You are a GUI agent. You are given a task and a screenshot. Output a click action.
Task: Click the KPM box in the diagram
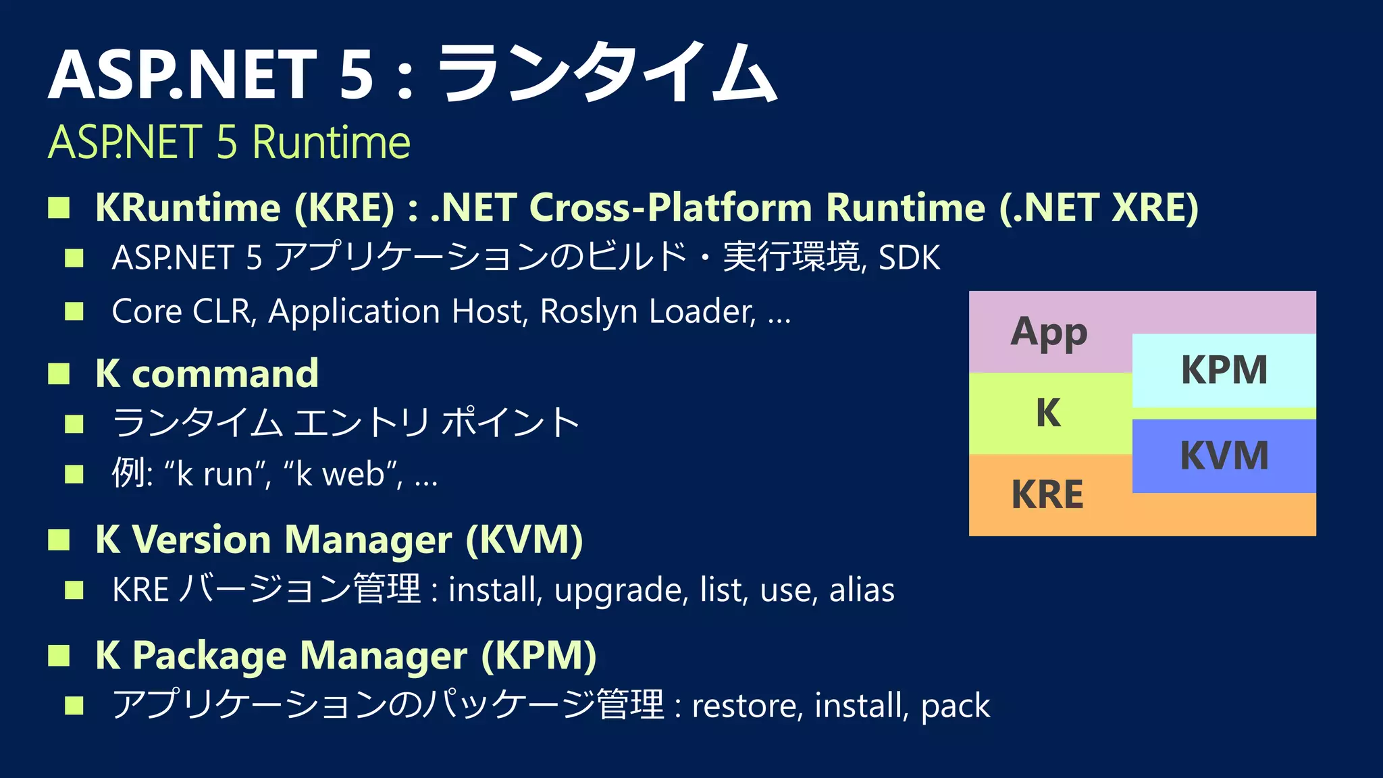click(1224, 370)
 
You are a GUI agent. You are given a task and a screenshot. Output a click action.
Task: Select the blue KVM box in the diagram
click(1224, 456)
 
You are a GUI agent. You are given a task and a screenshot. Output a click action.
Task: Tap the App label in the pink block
click(1049, 332)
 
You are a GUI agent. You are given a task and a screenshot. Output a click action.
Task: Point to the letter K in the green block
click(1048, 413)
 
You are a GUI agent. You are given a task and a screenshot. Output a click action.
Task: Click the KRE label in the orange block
click(1047, 494)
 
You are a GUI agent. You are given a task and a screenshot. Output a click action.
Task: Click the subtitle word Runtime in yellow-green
click(331, 142)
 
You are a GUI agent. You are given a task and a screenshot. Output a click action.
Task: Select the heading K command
click(207, 373)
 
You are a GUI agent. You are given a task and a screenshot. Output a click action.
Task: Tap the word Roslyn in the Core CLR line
click(588, 312)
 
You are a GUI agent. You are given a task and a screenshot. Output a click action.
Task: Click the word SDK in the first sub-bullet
click(909, 258)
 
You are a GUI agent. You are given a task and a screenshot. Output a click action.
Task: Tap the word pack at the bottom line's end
click(955, 706)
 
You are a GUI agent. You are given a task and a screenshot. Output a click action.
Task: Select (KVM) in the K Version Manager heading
click(524, 540)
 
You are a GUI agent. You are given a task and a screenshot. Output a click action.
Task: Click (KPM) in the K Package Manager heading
click(538, 655)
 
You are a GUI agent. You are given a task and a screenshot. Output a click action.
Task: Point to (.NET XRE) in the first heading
click(1099, 207)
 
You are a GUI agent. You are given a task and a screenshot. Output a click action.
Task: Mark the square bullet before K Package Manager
click(59, 655)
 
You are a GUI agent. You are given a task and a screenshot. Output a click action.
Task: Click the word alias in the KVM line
click(862, 590)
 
